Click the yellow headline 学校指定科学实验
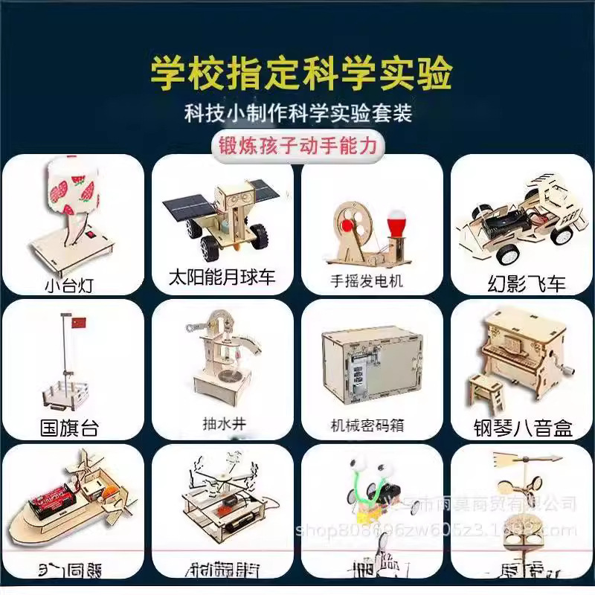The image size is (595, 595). tap(300, 73)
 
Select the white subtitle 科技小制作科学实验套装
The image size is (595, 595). tap(297, 113)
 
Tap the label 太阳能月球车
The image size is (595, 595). tap(222, 278)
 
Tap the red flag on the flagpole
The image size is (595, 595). tap(78, 323)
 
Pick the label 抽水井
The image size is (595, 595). tap(223, 424)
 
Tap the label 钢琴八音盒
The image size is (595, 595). tap(524, 428)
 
